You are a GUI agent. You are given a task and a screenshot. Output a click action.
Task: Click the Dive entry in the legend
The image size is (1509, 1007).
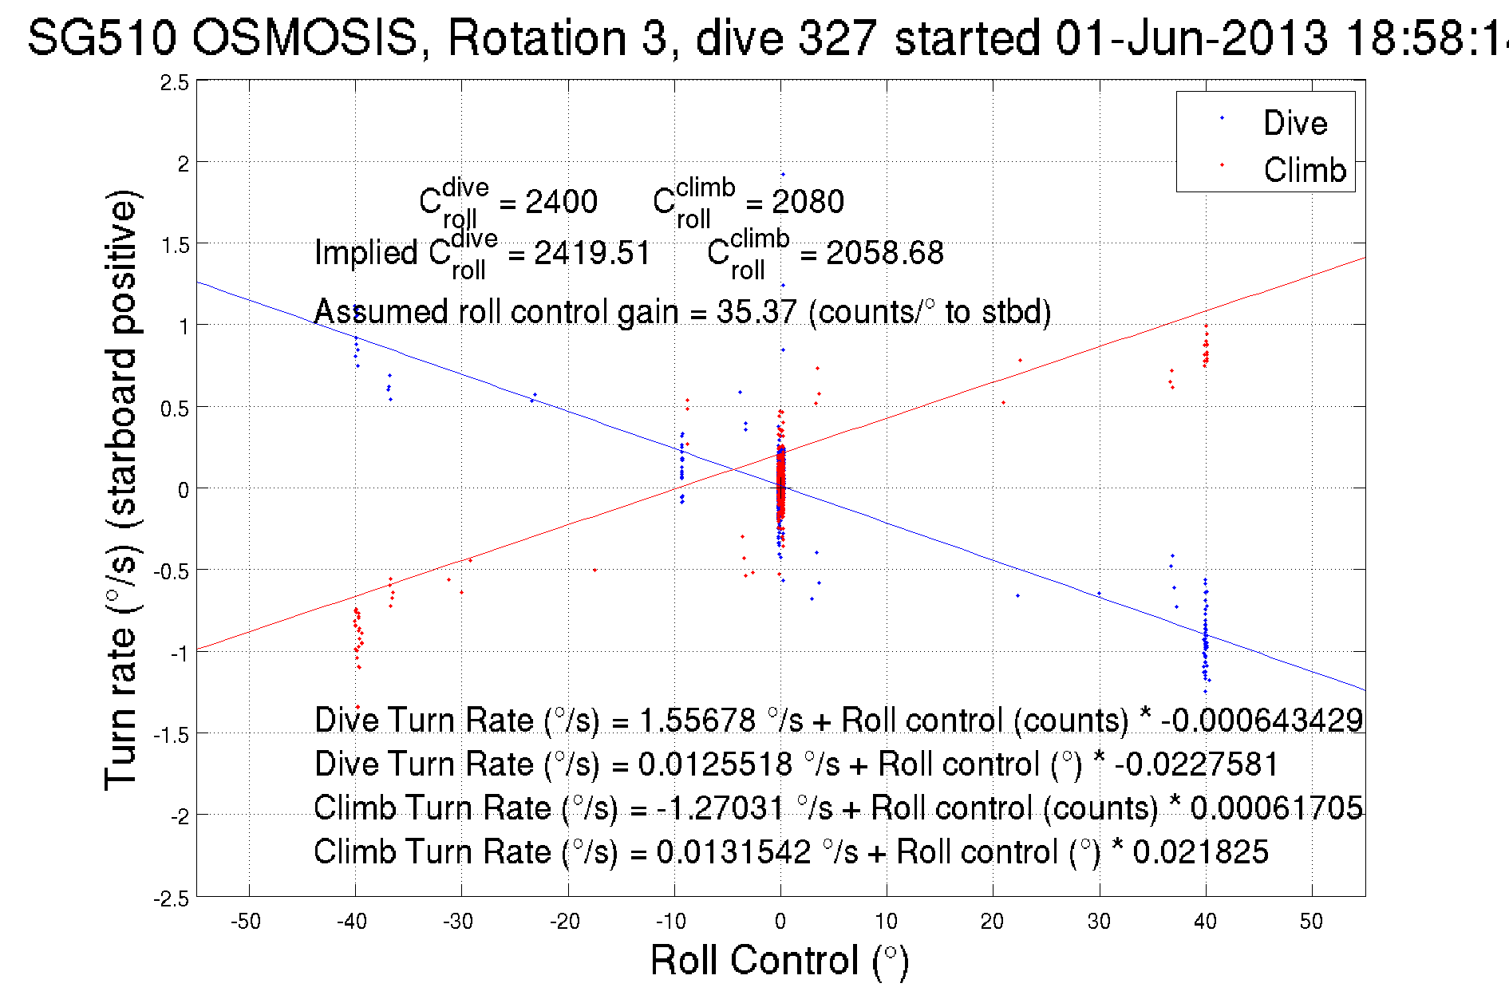pos(1294,123)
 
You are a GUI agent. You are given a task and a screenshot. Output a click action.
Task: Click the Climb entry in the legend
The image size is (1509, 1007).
pos(1304,170)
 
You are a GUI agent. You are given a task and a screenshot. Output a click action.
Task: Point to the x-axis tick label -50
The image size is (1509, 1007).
pos(246,922)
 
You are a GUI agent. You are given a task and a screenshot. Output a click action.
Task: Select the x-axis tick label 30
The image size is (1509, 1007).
pos(1099,922)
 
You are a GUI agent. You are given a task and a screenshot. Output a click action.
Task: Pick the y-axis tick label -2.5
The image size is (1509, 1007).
pos(172,898)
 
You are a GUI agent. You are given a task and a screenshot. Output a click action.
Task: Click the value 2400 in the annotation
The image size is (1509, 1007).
pos(561,202)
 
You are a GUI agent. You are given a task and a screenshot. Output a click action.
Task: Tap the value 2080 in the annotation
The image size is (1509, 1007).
pos(808,202)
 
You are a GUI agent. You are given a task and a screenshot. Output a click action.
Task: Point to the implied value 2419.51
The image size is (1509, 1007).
pos(592,254)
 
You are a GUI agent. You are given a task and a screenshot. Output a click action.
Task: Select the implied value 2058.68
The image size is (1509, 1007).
pos(884,254)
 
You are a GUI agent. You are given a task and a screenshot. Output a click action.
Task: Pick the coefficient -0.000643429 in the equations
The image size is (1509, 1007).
pos(1262,721)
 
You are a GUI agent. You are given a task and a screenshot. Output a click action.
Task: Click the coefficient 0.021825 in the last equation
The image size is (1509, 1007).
pos(1200,852)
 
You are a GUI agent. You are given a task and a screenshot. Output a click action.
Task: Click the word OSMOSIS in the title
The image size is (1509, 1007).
pos(306,38)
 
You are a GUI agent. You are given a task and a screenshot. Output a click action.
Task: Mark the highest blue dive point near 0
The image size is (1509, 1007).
pos(783,174)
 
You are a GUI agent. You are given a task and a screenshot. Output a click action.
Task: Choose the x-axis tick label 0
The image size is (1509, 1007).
pos(780,922)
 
